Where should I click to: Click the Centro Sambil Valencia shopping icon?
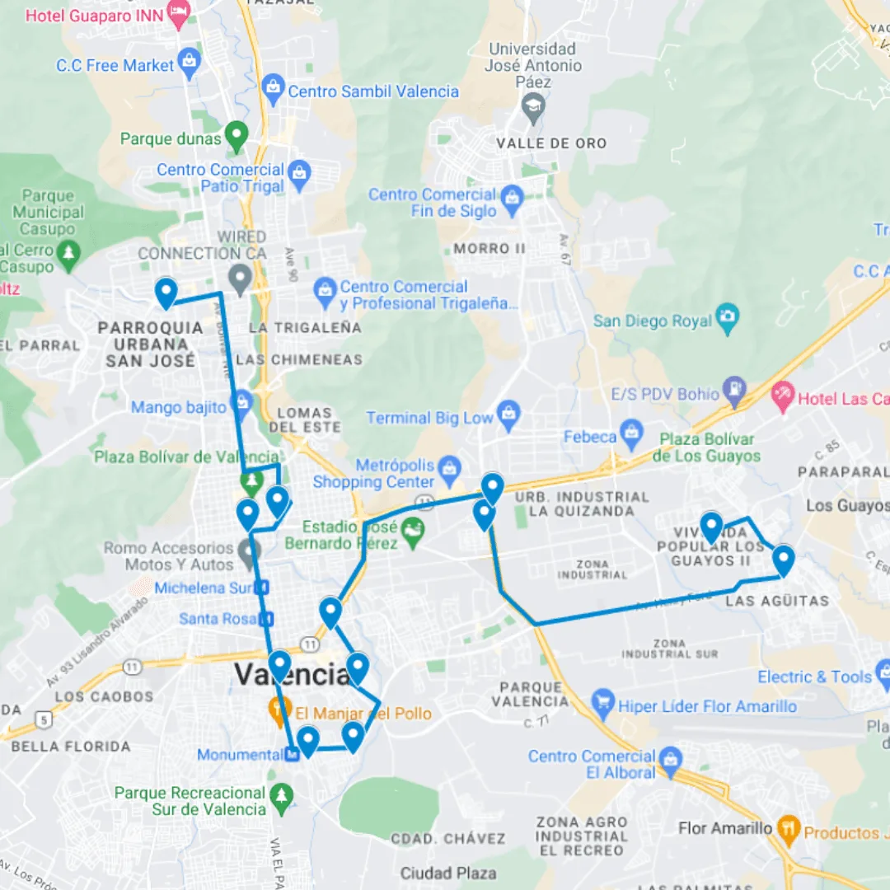click(x=274, y=85)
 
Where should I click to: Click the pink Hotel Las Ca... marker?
click(x=782, y=394)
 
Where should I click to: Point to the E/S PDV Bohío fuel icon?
click(x=733, y=389)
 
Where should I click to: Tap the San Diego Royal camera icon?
click(x=727, y=316)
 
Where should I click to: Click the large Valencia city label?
click(x=293, y=674)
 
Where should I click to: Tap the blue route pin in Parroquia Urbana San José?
click(x=166, y=293)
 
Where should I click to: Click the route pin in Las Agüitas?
click(x=783, y=560)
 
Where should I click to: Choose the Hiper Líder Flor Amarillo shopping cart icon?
click(x=603, y=703)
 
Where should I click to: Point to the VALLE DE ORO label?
click(x=551, y=143)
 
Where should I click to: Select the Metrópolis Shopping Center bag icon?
click(x=449, y=468)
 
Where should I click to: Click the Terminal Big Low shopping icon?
click(x=509, y=414)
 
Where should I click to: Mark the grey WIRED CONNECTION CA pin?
click(x=240, y=278)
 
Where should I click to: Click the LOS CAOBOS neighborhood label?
click(x=104, y=696)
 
